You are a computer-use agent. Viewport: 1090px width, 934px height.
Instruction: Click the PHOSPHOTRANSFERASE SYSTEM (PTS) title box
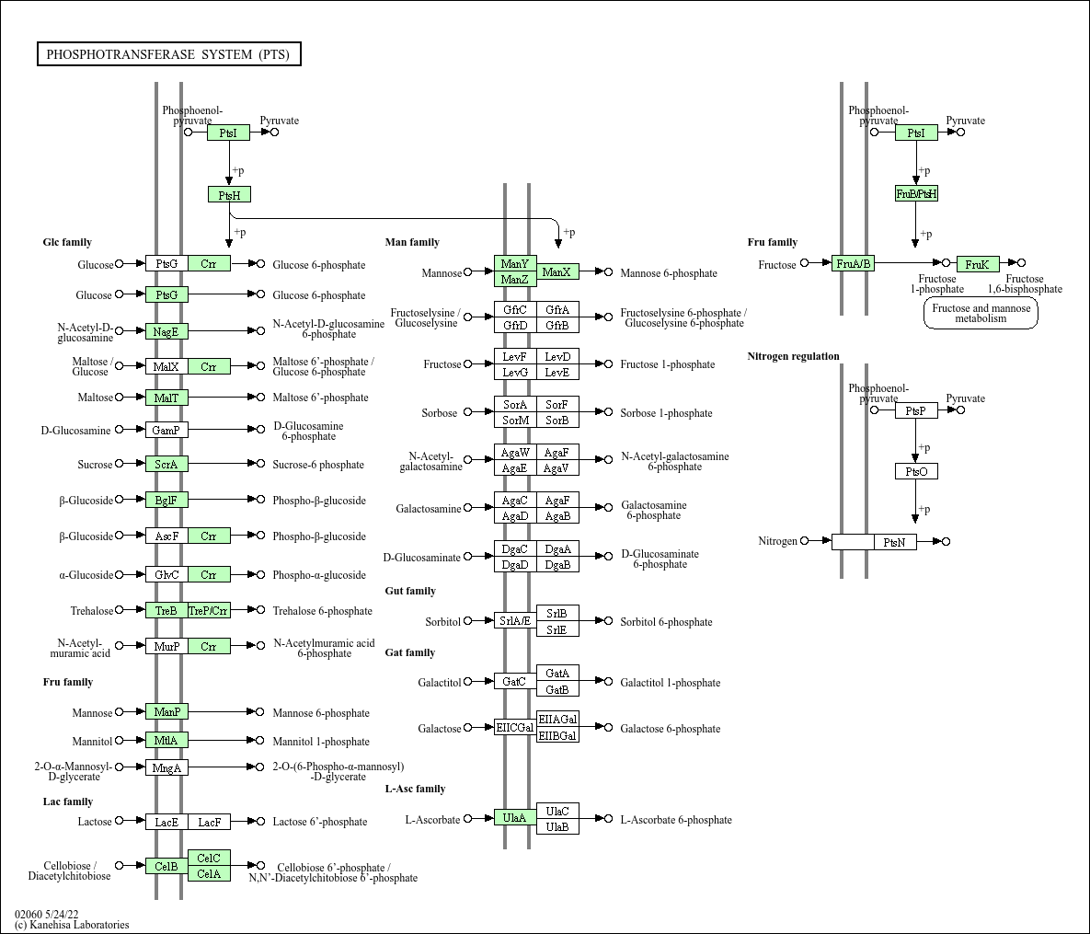click(x=168, y=54)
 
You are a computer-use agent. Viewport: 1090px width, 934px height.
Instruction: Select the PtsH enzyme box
click(x=229, y=194)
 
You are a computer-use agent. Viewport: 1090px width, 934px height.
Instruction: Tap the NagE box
click(x=166, y=331)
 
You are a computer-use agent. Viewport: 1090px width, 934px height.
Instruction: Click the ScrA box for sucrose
click(x=166, y=465)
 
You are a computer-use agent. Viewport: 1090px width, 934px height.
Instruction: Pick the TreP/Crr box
click(x=209, y=611)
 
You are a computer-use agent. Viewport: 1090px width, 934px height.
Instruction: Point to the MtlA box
click(x=166, y=741)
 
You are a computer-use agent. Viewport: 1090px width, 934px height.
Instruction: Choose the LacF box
click(x=209, y=822)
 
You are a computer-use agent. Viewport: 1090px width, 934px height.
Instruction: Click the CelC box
click(x=209, y=859)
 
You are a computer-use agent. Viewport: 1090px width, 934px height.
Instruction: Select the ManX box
click(x=557, y=271)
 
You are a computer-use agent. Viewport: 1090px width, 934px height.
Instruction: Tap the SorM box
click(x=515, y=421)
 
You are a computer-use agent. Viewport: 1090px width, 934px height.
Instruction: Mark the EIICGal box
click(x=515, y=728)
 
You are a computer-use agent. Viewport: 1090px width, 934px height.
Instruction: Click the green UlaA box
click(x=515, y=817)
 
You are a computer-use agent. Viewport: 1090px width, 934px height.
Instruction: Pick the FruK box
click(x=977, y=264)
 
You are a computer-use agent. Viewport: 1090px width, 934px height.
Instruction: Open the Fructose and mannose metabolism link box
click(x=981, y=314)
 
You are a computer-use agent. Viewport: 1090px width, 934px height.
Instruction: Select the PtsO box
click(x=916, y=471)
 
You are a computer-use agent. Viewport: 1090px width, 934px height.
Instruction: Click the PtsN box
click(x=895, y=542)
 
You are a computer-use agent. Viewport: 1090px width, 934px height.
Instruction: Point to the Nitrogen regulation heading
click(x=793, y=356)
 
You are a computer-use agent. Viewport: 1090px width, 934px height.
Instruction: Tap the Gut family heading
click(x=410, y=591)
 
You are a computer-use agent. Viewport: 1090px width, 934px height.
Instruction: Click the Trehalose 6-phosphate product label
click(x=322, y=611)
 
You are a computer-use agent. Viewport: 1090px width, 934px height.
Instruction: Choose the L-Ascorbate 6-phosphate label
click(x=676, y=820)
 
